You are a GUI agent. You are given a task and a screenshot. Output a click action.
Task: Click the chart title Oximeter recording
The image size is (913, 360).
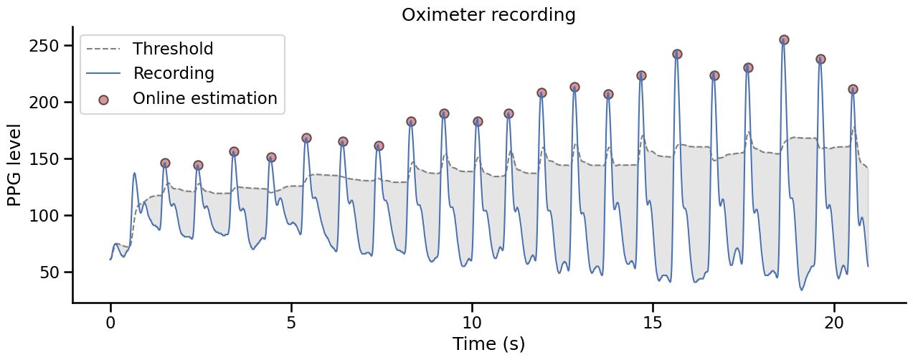(488, 14)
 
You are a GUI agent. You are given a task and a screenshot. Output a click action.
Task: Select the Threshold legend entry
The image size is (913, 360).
(173, 49)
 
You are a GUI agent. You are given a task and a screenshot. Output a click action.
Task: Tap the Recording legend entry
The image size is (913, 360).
(174, 73)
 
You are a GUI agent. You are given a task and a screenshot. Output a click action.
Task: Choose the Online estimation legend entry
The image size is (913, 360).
(204, 98)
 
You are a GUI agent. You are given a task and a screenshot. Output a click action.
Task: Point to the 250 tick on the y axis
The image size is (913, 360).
(50, 46)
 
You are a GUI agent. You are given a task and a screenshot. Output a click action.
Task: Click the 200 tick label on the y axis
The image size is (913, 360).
(50, 103)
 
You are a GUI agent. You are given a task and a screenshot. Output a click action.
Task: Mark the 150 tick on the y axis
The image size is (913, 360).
(50, 159)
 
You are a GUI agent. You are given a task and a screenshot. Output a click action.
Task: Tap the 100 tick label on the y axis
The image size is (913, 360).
(50, 216)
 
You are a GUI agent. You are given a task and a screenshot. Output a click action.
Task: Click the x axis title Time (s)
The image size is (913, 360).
(488, 344)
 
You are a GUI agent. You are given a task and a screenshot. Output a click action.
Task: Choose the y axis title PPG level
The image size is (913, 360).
(14, 165)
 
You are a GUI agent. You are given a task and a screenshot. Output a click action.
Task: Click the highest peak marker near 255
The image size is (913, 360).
(784, 40)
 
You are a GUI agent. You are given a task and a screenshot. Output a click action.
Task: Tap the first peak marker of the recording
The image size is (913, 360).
(165, 164)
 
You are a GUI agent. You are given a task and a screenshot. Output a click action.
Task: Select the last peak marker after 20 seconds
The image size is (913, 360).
(853, 90)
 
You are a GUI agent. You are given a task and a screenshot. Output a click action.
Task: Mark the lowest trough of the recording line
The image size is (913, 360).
(801, 290)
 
